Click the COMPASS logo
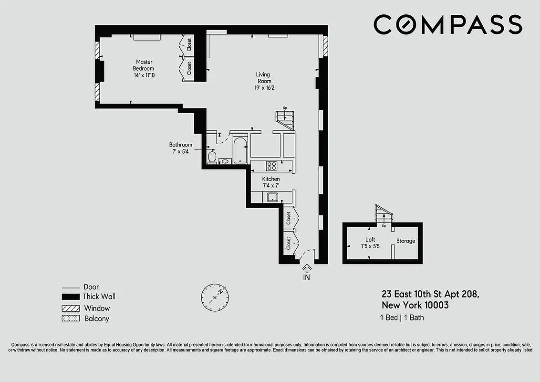tap(447, 24)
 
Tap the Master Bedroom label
tap(144, 65)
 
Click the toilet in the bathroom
tap(212, 156)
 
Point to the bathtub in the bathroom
tap(239, 149)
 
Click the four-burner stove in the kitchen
tap(272, 166)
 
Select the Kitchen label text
tap(270, 179)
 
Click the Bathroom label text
tap(181, 145)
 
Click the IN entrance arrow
tap(306, 271)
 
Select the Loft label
tap(370, 240)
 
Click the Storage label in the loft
tap(406, 241)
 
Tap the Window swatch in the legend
tap(71, 308)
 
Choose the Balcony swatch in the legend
tap(71, 318)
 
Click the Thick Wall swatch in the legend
tap(71, 297)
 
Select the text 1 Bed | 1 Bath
tap(402, 318)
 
